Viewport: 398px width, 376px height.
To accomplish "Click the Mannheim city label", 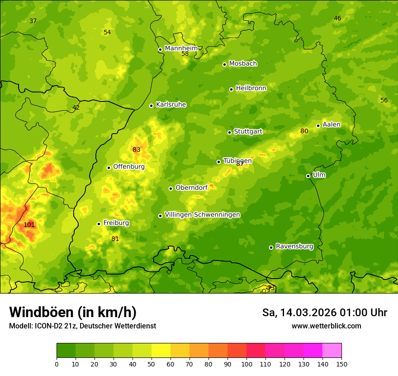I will [x=181, y=48].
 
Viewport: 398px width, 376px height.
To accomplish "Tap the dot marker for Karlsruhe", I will [x=151, y=106].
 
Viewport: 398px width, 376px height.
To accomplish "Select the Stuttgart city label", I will [x=248, y=131].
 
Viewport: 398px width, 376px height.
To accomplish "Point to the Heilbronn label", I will [x=251, y=88].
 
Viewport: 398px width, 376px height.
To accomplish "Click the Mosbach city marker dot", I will [x=224, y=64].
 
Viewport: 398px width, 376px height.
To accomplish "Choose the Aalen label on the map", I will [x=332, y=125].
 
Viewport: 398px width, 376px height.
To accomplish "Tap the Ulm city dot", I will [x=308, y=176].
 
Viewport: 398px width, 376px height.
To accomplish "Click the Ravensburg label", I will [x=294, y=246].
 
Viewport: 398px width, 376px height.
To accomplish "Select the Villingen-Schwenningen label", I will [x=202, y=214].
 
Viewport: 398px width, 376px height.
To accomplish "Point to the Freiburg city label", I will [x=116, y=223].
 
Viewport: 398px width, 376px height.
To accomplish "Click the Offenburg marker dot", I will [x=109, y=168].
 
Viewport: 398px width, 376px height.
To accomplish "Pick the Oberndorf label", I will [x=191, y=188].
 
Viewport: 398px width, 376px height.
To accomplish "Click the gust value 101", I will [x=29, y=225].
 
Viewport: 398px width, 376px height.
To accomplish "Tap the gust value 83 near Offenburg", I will [x=137, y=149].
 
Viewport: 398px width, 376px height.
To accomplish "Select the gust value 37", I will [x=33, y=21].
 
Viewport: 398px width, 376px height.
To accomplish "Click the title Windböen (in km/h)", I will [x=73, y=312].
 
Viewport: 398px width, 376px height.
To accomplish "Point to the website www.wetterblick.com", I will [x=326, y=326].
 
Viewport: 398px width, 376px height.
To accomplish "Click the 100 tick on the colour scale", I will [x=246, y=364].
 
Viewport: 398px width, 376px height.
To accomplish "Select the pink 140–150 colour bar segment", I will [x=332, y=350].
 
